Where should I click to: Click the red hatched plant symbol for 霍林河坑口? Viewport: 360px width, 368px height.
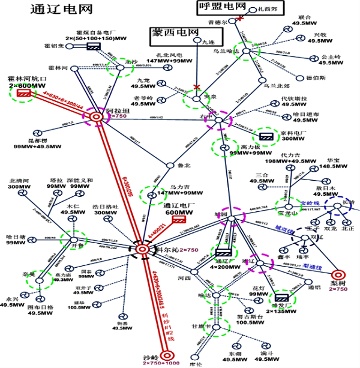click(25, 94)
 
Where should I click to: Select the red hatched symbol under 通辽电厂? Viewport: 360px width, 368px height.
click(178, 220)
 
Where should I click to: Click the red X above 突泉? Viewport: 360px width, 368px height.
click(197, 88)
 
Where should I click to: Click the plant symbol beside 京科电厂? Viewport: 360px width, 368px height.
click(265, 134)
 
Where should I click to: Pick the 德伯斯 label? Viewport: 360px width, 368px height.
click(316, 77)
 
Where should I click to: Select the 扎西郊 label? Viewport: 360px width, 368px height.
click(265, 10)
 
